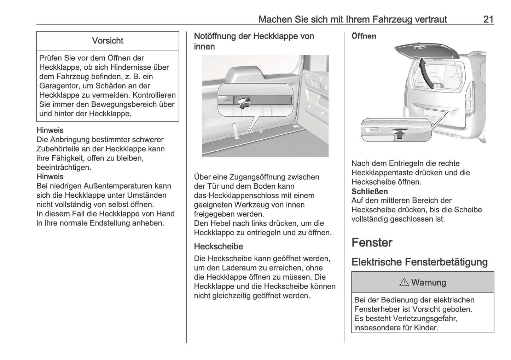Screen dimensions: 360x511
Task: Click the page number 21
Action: click(488, 19)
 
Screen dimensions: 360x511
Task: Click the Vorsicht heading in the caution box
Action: click(108, 41)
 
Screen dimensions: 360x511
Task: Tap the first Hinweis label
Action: click(50, 130)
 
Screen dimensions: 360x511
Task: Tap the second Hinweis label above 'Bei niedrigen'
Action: click(50, 177)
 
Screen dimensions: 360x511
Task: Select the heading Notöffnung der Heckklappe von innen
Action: click(254, 41)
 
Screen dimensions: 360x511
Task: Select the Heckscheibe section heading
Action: click(218, 246)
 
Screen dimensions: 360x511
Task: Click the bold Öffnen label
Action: click(364, 36)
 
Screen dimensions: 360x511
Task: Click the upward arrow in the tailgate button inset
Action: click(400, 134)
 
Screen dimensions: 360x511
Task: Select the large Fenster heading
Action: click(372, 243)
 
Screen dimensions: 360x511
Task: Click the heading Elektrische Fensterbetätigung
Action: click(419, 262)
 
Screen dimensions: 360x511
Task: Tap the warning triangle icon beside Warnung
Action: click(404, 283)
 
